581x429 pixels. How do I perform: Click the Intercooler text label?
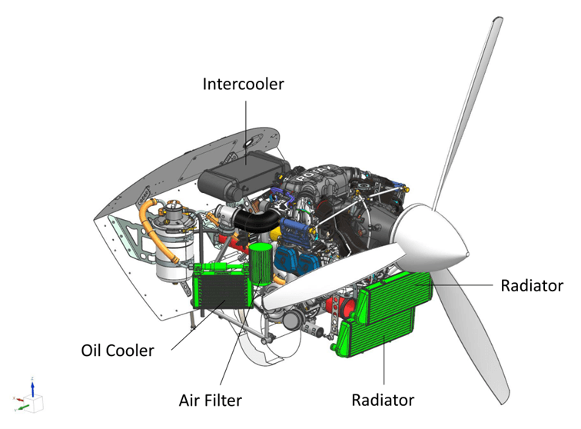[x=243, y=84]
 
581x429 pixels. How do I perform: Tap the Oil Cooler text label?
[x=118, y=351]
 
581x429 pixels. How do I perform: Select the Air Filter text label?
[x=210, y=401]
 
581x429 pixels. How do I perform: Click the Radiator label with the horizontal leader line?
[x=532, y=286]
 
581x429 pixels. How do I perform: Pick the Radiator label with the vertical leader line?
[x=383, y=400]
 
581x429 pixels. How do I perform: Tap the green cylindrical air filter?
[x=261, y=264]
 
